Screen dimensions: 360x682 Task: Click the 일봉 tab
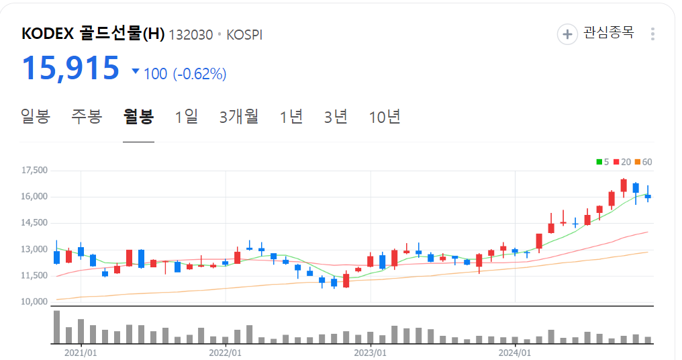(x=36, y=116)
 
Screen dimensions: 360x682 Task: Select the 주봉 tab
(x=87, y=116)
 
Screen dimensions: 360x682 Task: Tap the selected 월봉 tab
(x=138, y=116)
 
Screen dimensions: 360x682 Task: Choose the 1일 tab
(x=187, y=116)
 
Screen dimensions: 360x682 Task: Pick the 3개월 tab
(x=239, y=116)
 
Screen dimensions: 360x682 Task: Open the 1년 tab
(x=291, y=116)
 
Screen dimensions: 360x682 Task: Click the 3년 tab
(x=336, y=116)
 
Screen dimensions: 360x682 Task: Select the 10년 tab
(x=385, y=116)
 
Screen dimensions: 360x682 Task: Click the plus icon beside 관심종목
(x=567, y=34)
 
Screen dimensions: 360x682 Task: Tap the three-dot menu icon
(x=653, y=34)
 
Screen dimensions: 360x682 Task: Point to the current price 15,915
(x=70, y=68)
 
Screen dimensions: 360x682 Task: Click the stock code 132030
(x=191, y=35)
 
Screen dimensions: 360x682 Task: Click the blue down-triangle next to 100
(x=136, y=71)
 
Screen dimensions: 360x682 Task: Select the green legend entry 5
(x=602, y=162)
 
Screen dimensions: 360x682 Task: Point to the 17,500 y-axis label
(x=34, y=171)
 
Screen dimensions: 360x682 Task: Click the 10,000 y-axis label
(x=34, y=302)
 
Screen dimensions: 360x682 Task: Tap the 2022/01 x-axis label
(x=226, y=351)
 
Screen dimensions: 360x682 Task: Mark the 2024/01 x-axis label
(x=515, y=351)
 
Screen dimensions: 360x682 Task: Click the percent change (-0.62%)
(x=199, y=74)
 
